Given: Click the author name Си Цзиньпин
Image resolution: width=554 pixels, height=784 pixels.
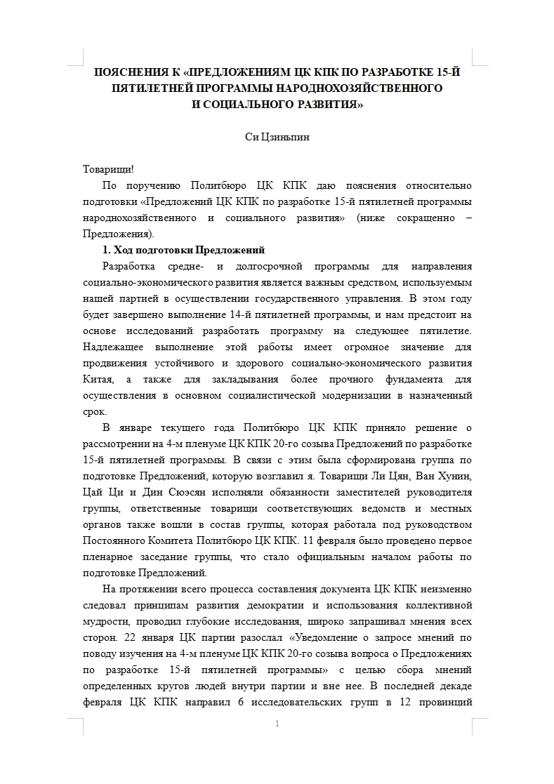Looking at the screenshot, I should click(x=277, y=138).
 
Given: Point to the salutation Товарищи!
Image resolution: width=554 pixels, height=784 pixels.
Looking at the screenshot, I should click(x=107, y=170).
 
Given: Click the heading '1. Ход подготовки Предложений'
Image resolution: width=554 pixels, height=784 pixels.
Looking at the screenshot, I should click(x=183, y=251).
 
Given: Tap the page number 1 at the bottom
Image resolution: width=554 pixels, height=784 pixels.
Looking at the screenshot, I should click(x=278, y=724).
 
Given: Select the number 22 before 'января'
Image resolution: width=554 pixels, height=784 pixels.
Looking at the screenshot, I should click(x=114, y=638).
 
